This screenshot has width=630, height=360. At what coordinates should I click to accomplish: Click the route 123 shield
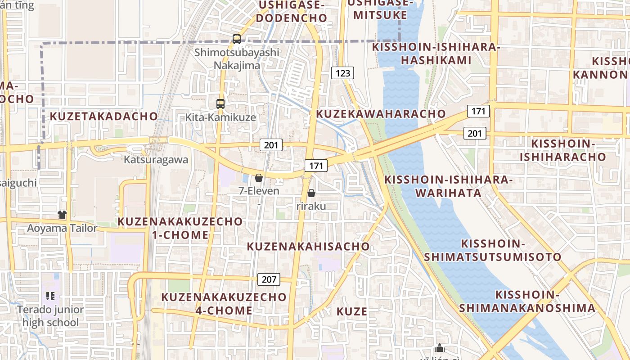tap(343, 73)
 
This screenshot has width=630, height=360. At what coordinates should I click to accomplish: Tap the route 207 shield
tap(269, 279)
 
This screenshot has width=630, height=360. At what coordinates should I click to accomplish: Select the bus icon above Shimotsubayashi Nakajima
tap(237, 39)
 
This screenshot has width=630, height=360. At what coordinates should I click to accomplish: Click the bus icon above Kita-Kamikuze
tap(220, 104)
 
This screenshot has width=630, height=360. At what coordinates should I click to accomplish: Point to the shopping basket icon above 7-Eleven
tap(258, 178)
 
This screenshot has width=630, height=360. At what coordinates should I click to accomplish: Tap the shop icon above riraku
tap(311, 193)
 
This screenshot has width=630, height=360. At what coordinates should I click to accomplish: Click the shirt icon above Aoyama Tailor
tap(62, 215)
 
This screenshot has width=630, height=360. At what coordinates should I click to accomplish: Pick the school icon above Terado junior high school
tap(50, 296)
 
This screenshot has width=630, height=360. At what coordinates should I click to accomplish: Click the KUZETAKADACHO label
tap(104, 116)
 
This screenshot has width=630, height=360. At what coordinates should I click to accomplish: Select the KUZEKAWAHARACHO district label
tap(381, 113)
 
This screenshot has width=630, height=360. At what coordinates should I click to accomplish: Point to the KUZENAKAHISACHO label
tap(308, 246)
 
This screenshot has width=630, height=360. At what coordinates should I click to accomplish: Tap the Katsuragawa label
tap(156, 160)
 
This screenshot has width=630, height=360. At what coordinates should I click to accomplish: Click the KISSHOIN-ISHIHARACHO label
tap(563, 150)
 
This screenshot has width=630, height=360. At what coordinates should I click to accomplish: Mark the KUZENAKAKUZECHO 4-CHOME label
tap(224, 304)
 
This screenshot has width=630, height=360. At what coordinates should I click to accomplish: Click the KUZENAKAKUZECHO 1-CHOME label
tap(180, 228)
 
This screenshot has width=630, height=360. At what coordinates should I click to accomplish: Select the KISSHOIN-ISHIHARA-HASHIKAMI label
tap(436, 54)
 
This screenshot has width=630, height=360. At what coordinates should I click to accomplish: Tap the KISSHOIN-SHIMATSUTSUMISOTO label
tap(493, 250)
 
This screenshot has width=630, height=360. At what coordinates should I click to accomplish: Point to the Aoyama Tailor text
tap(62, 228)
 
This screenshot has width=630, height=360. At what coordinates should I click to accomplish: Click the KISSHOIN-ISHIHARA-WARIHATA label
tap(448, 186)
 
